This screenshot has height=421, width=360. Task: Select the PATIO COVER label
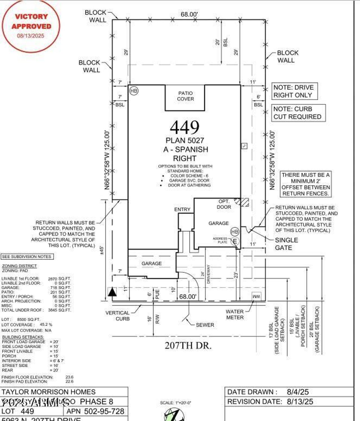click(x=185, y=96)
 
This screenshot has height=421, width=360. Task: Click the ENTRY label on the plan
click(x=182, y=209)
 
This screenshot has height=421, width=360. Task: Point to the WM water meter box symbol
click(x=256, y=296)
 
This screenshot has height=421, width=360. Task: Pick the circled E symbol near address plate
click(x=235, y=241)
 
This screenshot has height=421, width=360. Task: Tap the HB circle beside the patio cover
click(x=134, y=91)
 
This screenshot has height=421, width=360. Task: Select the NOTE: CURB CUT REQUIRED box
click(x=298, y=113)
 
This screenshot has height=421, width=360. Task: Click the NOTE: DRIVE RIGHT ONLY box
click(x=294, y=91)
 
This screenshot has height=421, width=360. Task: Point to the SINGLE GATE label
click(x=286, y=244)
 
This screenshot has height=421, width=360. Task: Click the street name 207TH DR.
click(x=188, y=345)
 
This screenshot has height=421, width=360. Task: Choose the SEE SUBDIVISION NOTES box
click(x=27, y=257)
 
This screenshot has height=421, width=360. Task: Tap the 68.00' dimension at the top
click(x=189, y=14)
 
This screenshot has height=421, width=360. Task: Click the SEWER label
click(x=205, y=325)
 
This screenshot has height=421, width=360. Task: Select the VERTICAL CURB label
click(x=118, y=316)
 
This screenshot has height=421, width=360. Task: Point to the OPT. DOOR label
click(x=224, y=204)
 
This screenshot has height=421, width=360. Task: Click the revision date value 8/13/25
click(x=300, y=402)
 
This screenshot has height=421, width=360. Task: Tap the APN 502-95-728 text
click(x=95, y=411)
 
